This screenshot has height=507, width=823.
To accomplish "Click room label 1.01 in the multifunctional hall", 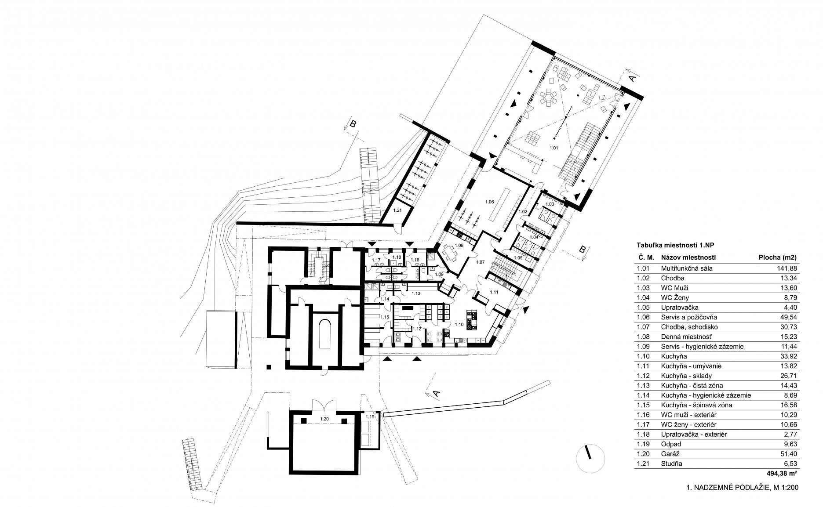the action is pos(554,148).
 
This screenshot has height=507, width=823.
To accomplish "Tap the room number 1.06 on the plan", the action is pos(489,202).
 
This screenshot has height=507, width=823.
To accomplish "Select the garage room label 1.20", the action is pos(324,419).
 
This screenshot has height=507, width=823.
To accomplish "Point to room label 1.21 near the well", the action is pos(397,211).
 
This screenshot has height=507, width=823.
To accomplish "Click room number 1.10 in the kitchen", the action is pos(459,324).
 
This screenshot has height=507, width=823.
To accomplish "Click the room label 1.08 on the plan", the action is pos(459,245).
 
